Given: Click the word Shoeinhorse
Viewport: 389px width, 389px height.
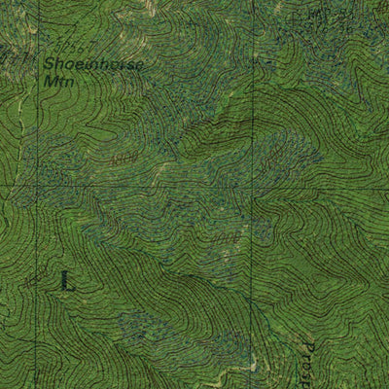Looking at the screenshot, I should pyautogui.click(x=93, y=66).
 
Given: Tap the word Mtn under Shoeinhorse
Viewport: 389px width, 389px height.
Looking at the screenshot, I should pyautogui.click(x=58, y=83).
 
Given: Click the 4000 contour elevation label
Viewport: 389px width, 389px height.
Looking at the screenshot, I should pyautogui.click(x=226, y=236).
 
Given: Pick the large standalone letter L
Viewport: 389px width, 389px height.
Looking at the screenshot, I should pyautogui.click(x=66, y=281).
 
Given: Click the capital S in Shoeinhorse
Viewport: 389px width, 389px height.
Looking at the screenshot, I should pyautogui.click(x=50, y=66).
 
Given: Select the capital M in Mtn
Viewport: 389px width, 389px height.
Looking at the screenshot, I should pyautogui.click(x=50, y=83).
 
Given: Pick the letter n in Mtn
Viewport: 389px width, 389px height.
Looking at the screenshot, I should pyautogui.click(x=69, y=84).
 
